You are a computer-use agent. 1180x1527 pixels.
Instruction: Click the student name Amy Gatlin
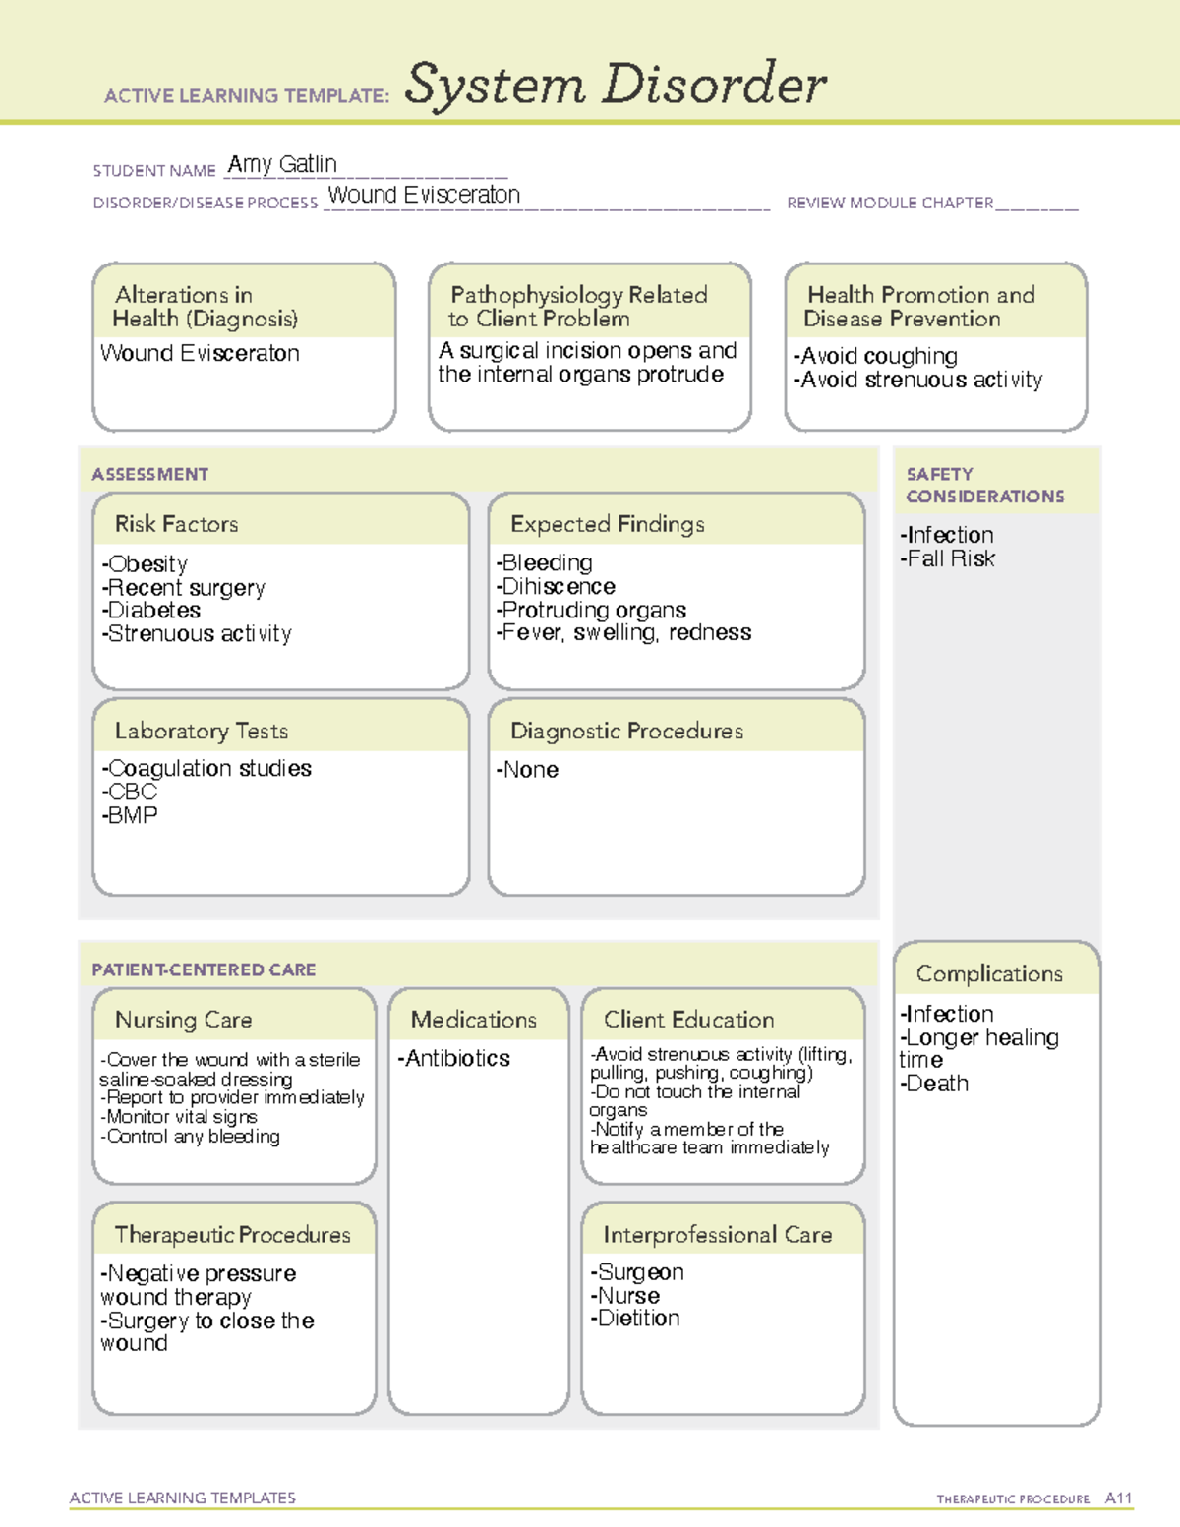coord(282,164)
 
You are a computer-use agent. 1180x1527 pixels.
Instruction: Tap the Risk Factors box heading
coord(176,524)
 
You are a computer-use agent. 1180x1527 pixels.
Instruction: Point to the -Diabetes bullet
coord(150,611)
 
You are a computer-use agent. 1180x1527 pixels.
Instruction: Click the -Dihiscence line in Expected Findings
coord(556,587)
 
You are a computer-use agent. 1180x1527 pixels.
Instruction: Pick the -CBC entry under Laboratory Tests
coord(129,792)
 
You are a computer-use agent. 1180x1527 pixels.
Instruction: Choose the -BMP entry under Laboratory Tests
coord(129,815)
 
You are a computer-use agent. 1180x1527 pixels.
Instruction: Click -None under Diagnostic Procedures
coord(527,770)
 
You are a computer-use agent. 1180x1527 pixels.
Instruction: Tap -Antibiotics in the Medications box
coord(453,1059)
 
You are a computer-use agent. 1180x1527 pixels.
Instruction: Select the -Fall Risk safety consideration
coord(947,558)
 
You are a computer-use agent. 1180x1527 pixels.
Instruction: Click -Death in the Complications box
coord(934,1084)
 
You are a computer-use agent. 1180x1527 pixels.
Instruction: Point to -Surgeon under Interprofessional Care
coord(636,1272)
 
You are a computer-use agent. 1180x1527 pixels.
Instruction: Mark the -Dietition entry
coord(634,1319)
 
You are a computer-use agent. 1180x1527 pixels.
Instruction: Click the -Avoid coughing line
coord(875,356)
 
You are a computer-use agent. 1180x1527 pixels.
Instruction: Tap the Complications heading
coord(989,973)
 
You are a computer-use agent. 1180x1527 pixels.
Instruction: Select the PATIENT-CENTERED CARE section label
coord(204,969)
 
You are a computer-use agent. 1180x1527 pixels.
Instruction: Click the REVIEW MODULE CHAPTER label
coord(890,203)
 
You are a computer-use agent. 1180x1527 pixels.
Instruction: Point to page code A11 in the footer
coord(1118,1498)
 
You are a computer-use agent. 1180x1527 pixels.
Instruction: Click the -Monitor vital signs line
coord(178,1117)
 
